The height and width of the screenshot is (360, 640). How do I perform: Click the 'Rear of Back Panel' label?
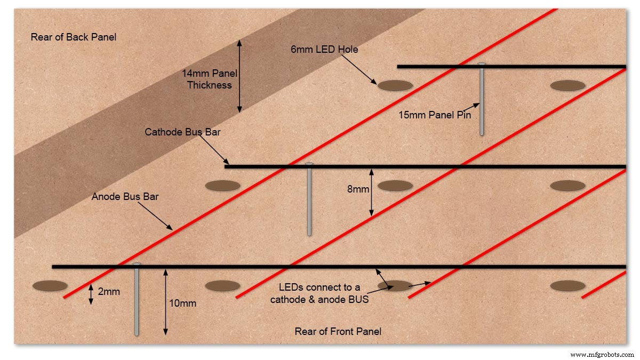(x=74, y=37)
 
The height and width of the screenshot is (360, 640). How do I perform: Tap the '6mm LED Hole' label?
(x=324, y=50)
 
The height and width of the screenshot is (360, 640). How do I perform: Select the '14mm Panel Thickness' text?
(x=210, y=79)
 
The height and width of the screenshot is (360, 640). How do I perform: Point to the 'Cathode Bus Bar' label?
(x=182, y=132)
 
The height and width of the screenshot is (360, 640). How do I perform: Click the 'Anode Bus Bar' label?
(x=125, y=197)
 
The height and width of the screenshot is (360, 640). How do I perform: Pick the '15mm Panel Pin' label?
(x=435, y=115)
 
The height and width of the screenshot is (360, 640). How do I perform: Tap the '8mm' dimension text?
(x=358, y=189)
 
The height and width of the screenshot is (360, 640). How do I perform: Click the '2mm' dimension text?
(x=109, y=292)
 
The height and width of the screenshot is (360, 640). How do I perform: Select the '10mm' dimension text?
(x=182, y=303)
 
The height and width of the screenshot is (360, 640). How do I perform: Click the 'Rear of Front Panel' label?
(x=338, y=331)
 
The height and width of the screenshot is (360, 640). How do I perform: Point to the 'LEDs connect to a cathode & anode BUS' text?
(x=319, y=293)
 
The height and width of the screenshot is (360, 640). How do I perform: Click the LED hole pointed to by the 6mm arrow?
(x=395, y=85)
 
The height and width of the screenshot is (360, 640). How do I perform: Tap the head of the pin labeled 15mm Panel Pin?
(x=482, y=64)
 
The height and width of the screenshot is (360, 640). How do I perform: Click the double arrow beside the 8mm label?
(x=371, y=193)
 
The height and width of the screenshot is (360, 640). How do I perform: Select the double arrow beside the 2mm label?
(x=91, y=294)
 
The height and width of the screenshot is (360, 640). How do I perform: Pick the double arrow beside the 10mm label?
(x=165, y=302)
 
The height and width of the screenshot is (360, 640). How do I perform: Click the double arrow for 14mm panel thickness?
(x=239, y=76)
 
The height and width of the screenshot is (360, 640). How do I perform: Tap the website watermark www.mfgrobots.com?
(x=602, y=355)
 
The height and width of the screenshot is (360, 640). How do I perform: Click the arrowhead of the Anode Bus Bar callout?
(x=171, y=228)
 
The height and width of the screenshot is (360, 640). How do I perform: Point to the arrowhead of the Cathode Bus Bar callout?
(x=227, y=162)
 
